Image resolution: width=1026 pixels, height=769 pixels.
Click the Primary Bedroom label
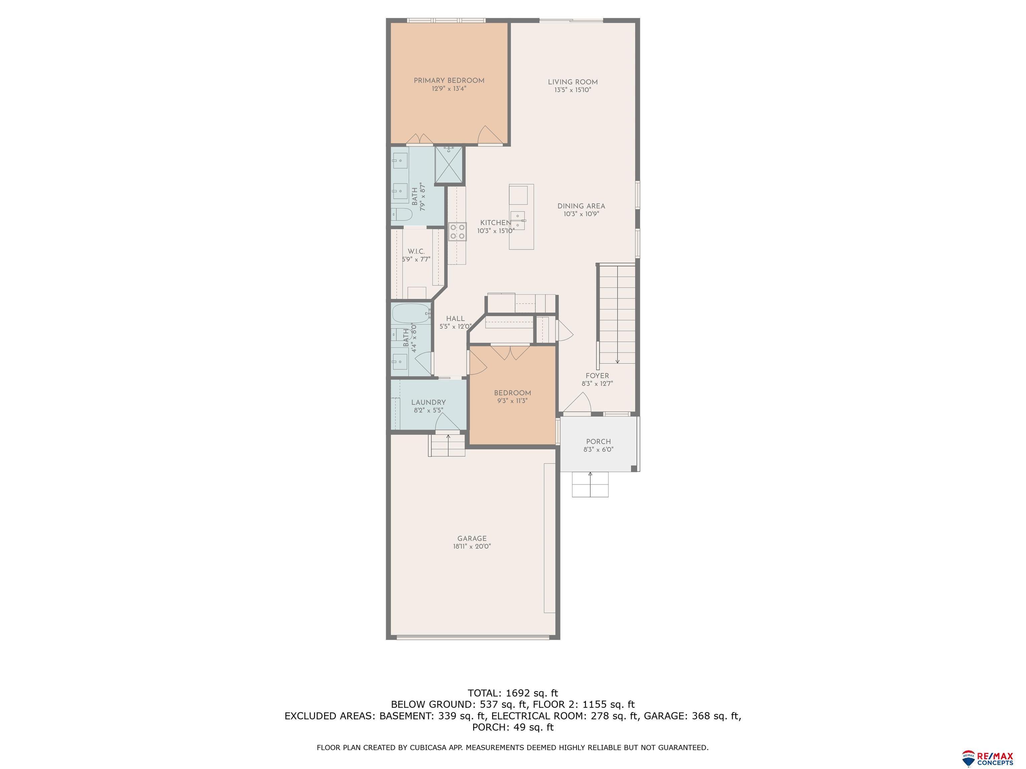[x=449, y=81]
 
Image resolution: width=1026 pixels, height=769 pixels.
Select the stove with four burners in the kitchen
[x=457, y=232]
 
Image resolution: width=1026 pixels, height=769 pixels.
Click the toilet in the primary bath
[x=402, y=215]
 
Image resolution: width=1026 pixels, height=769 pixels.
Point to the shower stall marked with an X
[x=449, y=165]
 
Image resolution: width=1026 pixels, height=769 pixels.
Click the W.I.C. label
[x=416, y=251]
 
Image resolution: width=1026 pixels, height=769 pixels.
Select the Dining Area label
[x=581, y=206]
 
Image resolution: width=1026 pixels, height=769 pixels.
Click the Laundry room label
[x=428, y=402]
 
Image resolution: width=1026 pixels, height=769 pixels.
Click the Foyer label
[x=597, y=376]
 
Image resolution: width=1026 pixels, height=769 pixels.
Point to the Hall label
[x=455, y=319]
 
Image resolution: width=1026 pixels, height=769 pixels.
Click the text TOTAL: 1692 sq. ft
[x=513, y=693]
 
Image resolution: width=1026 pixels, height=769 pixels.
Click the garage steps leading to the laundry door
[x=446, y=446]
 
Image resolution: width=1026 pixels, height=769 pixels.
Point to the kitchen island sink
[x=518, y=218]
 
